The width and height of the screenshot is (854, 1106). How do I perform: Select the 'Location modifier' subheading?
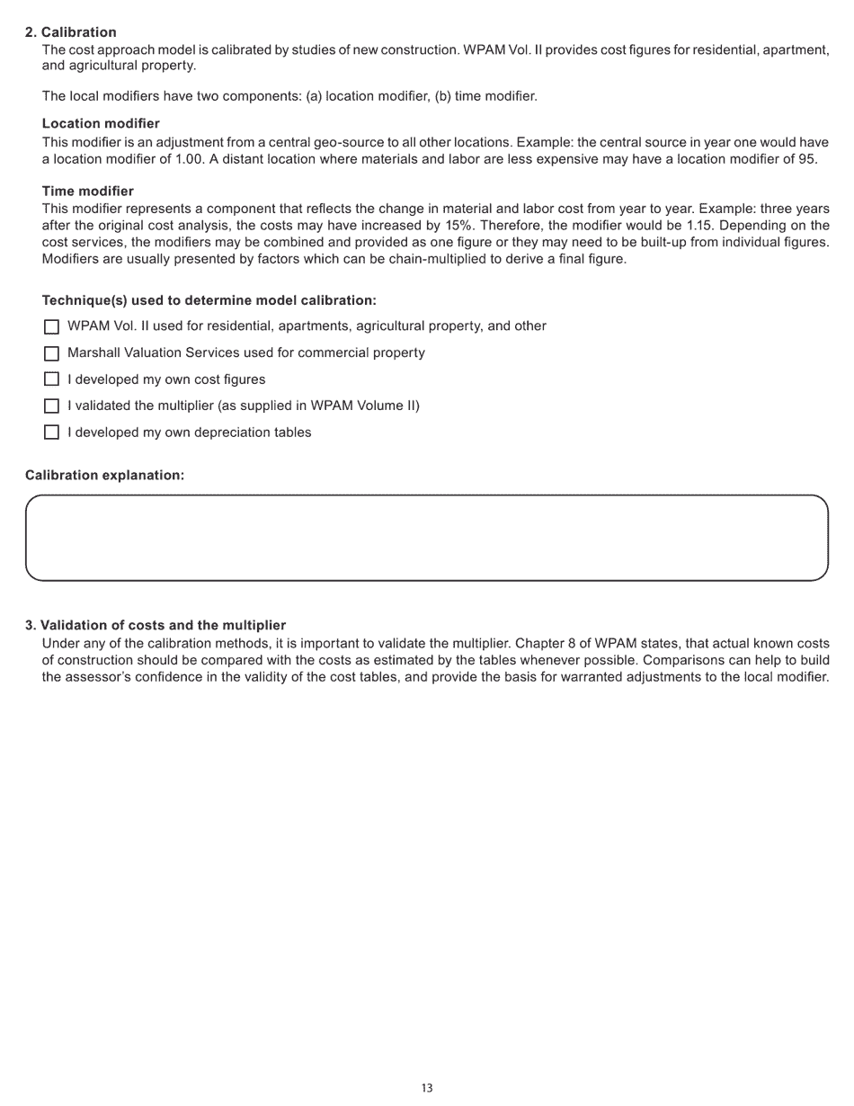101,123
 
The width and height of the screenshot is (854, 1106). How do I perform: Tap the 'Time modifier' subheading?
87,191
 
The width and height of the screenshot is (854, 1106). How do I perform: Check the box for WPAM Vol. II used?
51,326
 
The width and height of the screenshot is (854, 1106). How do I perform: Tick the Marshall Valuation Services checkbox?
51,353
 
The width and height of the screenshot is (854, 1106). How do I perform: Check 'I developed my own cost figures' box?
51,379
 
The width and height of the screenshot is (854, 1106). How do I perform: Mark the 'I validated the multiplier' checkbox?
51,406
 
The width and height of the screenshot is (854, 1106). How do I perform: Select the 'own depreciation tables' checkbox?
51,433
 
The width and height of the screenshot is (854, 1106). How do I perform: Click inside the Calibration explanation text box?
426,538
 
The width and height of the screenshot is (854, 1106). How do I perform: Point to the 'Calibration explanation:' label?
104,475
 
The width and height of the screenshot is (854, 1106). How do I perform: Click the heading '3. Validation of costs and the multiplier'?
156,625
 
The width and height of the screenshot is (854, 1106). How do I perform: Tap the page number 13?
427,1088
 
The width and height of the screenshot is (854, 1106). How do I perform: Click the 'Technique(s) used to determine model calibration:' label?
209,300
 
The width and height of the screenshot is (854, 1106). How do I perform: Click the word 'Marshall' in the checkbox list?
93,352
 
